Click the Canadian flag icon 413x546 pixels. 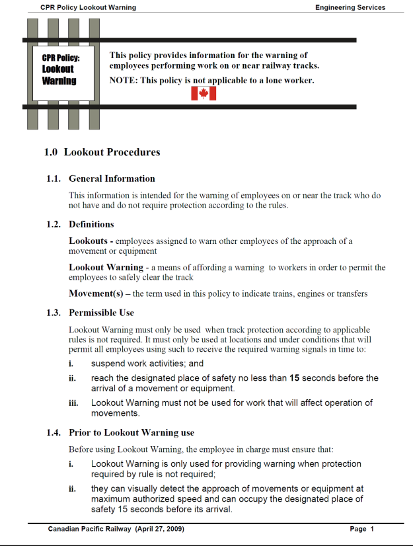[x=204, y=94]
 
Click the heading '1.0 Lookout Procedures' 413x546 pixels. [x=102, y=152]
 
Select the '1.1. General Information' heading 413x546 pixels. [x=100, y=178]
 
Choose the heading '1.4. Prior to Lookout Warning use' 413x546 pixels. [x=120, y=432]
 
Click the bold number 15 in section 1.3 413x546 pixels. [x=295, y=378]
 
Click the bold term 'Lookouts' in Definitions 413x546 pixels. [x=89, y=241]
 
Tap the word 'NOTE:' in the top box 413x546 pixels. [x=123, y=81]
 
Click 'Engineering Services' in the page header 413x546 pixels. [x=350, y=8]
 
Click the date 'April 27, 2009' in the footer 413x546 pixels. [x=159, y=529]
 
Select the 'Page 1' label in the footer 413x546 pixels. [x=362, y=529]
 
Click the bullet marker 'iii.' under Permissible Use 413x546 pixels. [x=74, y=403]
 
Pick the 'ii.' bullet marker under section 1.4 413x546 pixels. [x=73, y=490]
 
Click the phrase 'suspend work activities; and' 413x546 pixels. [x=147, y=364]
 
